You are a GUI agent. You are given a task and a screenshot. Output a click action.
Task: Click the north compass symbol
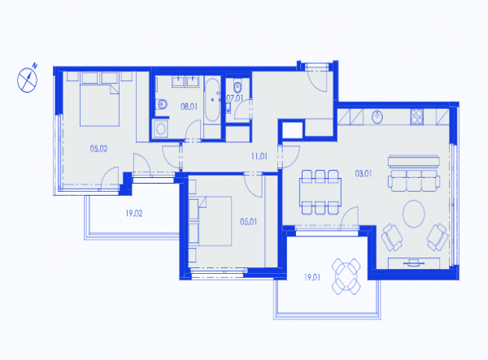click(x=27, y=80)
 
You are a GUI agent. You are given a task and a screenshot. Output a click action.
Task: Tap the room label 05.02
click(x=98, y=149)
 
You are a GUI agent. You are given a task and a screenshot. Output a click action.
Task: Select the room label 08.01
click(x=189, y=106)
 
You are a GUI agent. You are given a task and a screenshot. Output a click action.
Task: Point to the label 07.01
click(x=235, y=98)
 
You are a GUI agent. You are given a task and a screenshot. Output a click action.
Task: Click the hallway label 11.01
click(x=259, y=156)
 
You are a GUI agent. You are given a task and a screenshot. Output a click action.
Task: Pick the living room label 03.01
click(x=364, y=173)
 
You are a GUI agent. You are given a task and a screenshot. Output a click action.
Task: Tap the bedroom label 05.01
click(x=248, y=222)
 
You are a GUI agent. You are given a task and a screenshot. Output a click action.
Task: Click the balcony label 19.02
click(x=134, y=213)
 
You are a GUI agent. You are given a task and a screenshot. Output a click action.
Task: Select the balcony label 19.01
click(x=312, y=277)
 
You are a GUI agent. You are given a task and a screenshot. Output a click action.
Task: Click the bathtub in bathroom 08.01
click(x=212, y=100)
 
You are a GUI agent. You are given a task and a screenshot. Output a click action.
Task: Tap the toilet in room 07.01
click(x=237, y=87)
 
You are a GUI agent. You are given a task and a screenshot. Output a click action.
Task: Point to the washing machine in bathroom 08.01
click(x=160, y=128)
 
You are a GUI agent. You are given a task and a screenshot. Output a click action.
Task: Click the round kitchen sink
click(x=377, y=117)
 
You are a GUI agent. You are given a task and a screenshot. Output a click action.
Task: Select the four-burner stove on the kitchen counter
click(x=416, y=117)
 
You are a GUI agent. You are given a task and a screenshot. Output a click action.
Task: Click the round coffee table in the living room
click(x=414, y=214)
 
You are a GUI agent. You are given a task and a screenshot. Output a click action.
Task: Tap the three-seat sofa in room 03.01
click(x=414, y=180)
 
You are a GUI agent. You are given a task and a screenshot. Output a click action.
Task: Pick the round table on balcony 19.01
click(x=346, y=276)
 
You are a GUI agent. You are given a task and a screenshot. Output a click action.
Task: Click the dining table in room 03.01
click(x=320, y=192)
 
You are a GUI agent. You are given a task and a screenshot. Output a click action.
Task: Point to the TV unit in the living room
click(x=414, y=263)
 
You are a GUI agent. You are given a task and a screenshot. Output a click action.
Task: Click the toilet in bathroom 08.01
click(x=162, y=104)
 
